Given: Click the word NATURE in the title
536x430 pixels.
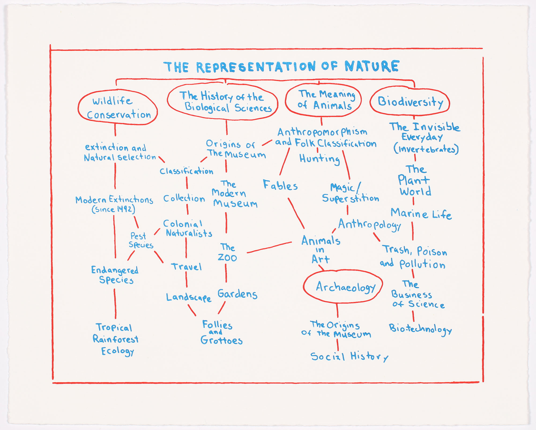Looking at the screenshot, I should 372,66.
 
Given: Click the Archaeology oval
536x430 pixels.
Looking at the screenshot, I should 343,286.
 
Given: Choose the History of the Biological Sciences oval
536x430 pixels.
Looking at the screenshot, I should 222,102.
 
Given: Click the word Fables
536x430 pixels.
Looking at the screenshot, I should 280,185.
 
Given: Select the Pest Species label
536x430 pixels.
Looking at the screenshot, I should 141,240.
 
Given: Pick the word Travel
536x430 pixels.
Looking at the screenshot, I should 186,267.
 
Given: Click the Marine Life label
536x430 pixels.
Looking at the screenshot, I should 421,214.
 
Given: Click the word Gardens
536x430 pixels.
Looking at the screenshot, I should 237,294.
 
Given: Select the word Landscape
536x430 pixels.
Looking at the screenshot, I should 188,297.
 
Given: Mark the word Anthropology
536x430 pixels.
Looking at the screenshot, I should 369,225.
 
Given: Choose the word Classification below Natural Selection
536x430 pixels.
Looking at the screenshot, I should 187,171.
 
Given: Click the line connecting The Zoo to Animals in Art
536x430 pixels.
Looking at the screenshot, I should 269,247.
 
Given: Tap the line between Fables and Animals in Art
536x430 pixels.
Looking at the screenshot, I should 296,213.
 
